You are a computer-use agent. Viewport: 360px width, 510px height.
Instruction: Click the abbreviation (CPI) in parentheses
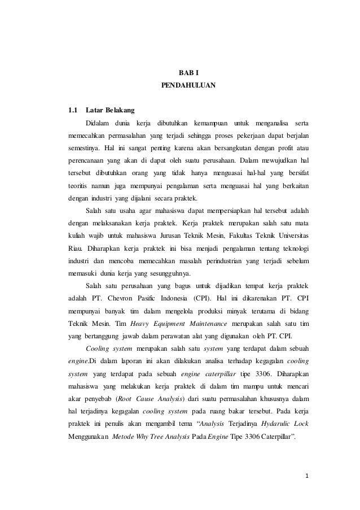tap(206, 298)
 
